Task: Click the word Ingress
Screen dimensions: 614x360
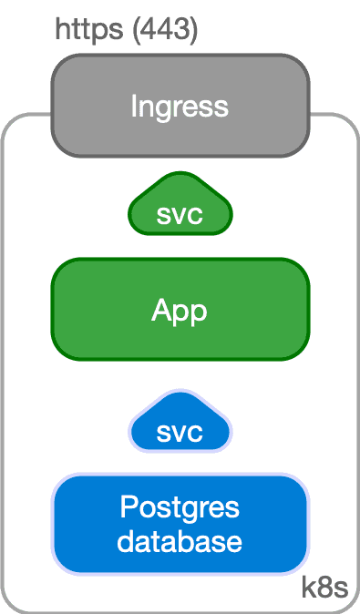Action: (180, 106)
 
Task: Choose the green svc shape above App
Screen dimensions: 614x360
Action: (180, 208)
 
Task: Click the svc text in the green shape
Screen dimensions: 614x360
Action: (180, 216)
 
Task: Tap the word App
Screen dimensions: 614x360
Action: (180, 312)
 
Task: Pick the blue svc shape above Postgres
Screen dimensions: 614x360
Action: (180, 424)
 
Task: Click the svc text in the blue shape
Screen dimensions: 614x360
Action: (180, 432)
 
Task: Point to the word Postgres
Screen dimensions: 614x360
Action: (180, 507)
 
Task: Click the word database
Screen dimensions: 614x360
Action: (180, 541)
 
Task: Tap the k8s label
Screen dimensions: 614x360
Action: (324, 588)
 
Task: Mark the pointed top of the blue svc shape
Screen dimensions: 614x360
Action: (180, 393)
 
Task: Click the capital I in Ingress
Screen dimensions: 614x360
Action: (133, 106)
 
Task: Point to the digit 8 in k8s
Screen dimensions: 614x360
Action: (324, 588)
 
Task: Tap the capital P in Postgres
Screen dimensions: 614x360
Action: (129, 507)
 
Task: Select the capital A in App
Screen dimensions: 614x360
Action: (161, 311)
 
